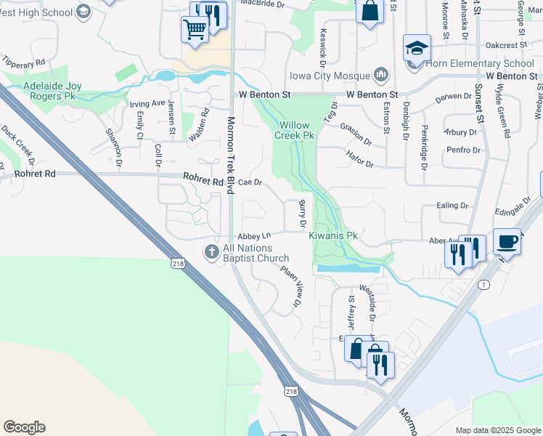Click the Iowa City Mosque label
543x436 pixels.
tap(330, 75)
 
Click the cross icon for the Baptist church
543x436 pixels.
tap(211, 252)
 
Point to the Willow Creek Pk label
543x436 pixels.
tap(295, 129)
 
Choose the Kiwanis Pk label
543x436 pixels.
tap(333, 236)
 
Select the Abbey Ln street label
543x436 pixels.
tap(255, 236)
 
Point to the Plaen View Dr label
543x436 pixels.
tap(290, 285)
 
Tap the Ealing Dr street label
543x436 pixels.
tap(453, 206)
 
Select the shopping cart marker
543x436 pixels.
tap(195, 29)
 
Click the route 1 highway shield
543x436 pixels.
tap(483, 284)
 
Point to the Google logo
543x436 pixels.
tap(24, 427)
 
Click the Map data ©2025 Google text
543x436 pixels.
tap(499, 430)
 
